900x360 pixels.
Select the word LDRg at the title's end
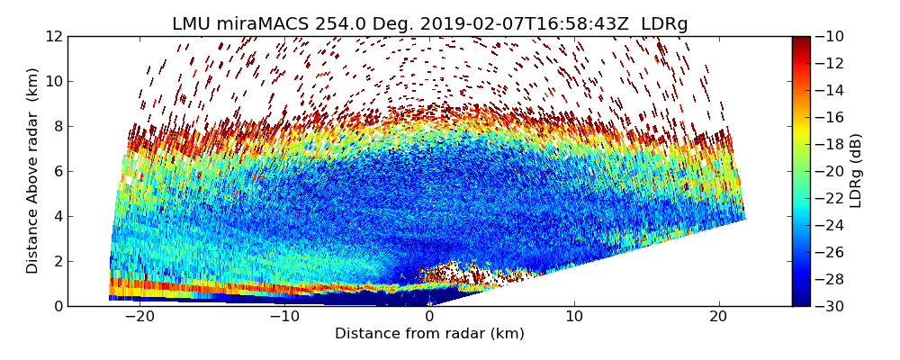(x=664, y=23)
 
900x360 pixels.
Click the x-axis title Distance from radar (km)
(x=429, y=334)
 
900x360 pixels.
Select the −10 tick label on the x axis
(x=283, y=317)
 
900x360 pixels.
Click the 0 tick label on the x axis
(x=429, y=317)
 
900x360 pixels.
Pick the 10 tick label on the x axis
(x=574, y=317)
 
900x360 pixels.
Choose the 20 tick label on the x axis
(x=718, y=317)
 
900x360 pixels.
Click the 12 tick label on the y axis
(x=53, y=36)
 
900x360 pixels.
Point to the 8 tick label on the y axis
(x=57, y=126)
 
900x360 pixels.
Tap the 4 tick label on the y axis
(x=57, y=216)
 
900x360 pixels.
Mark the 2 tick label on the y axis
(x=57, y=261)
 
